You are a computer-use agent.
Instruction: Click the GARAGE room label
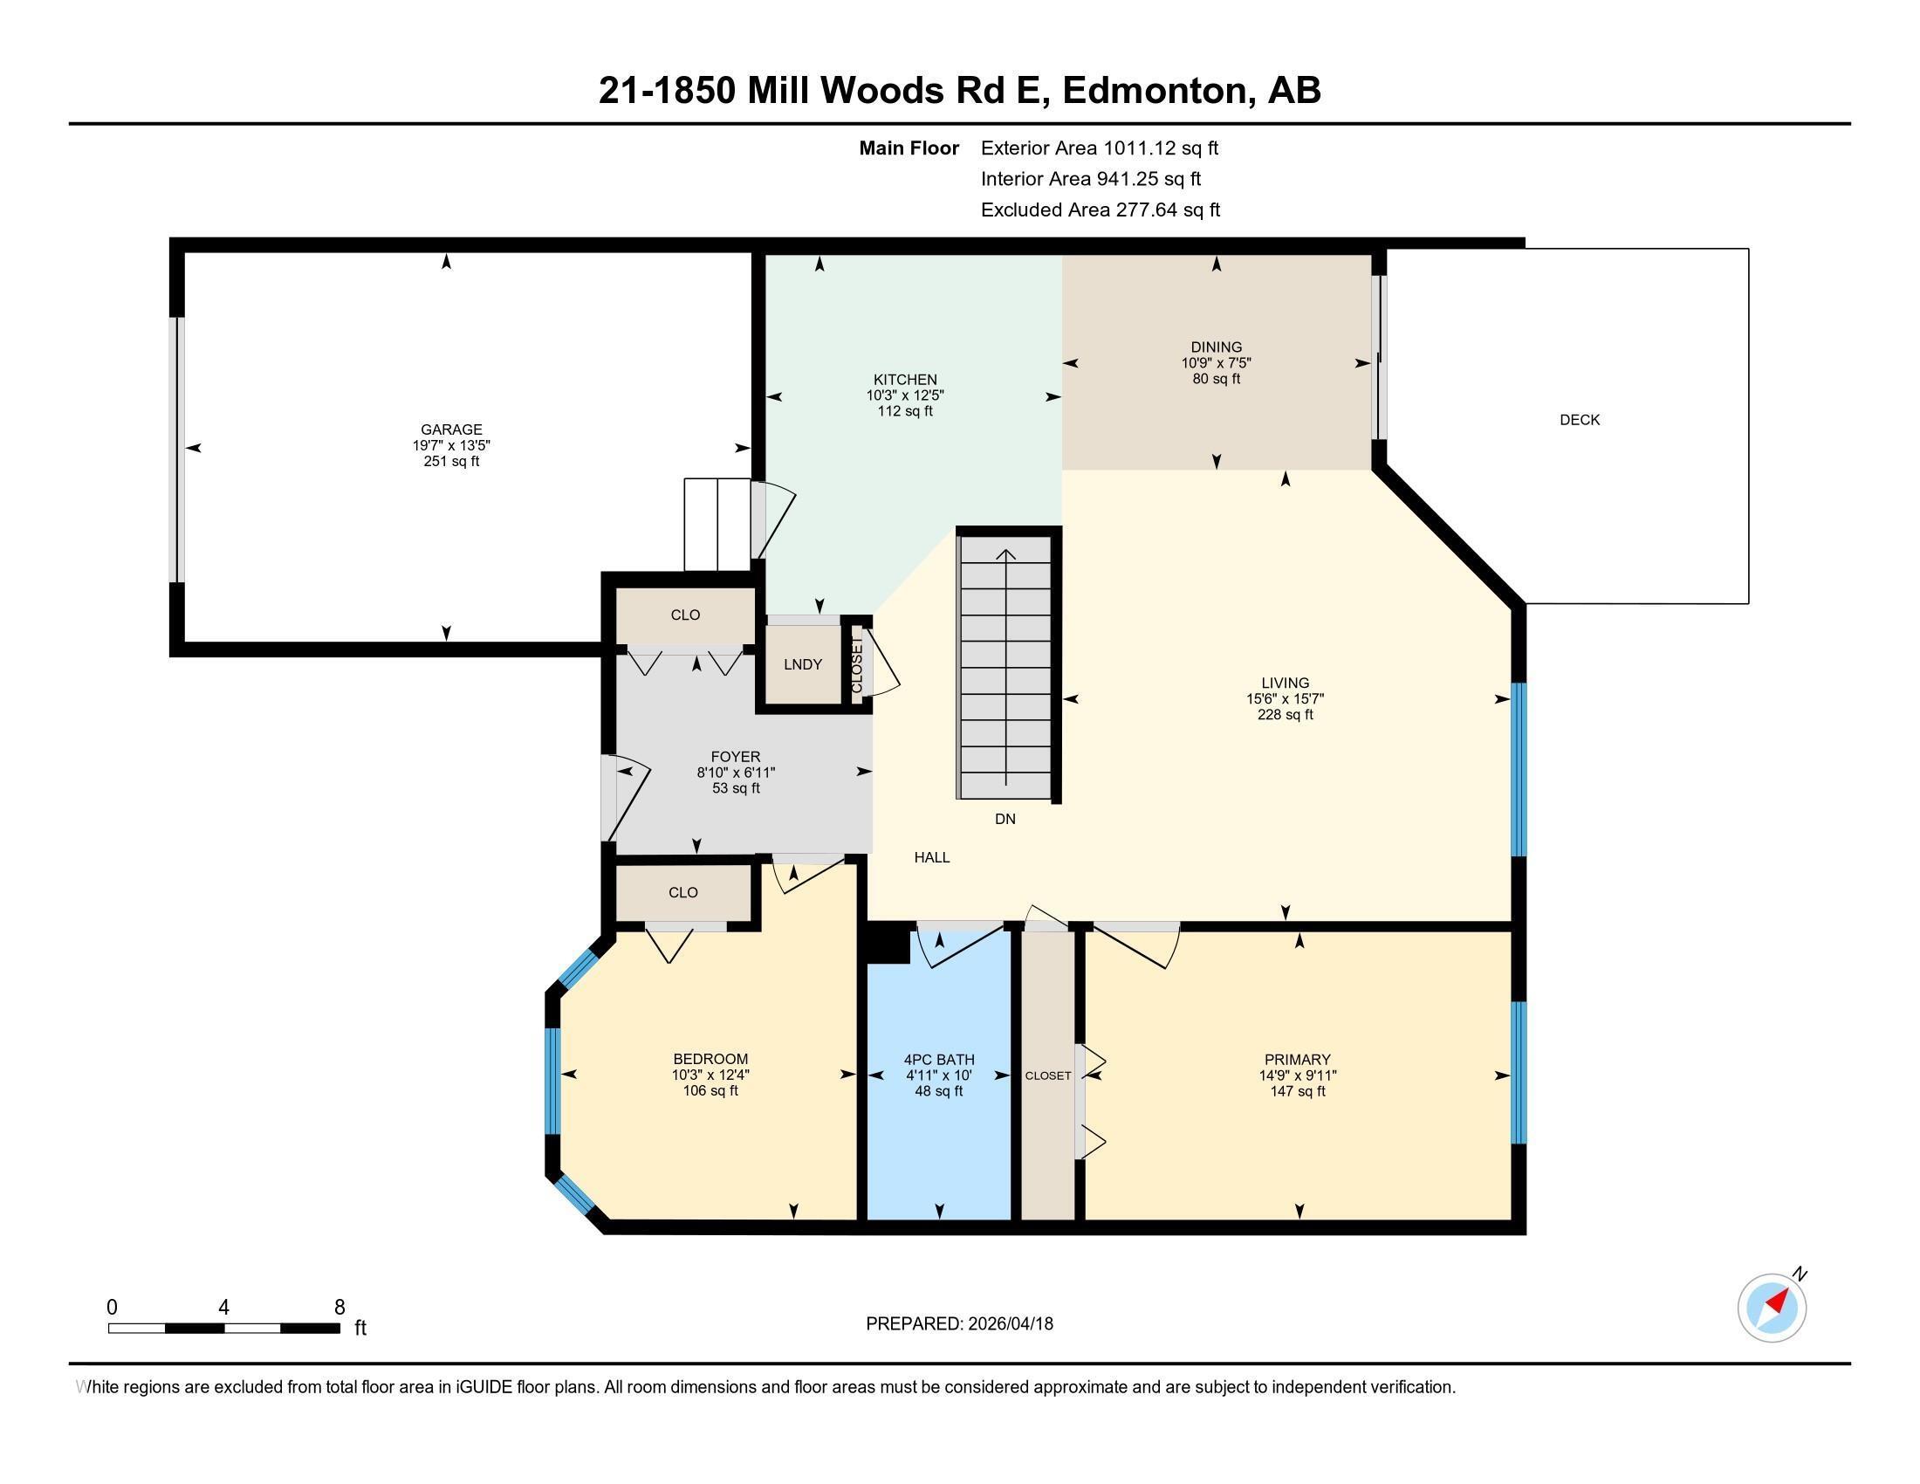451,429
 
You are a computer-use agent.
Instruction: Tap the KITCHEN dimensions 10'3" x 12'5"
905,395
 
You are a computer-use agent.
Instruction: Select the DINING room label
1216,347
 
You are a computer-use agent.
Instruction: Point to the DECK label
1579,420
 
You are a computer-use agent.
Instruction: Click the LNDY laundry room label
803,664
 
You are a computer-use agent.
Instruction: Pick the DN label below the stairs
1005,819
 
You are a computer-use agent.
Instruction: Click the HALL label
932,857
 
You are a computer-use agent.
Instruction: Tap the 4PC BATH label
939,1060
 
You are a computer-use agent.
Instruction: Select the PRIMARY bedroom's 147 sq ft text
1298,1091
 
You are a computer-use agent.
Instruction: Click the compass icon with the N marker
1773,1307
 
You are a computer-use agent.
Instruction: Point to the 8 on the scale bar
339,1308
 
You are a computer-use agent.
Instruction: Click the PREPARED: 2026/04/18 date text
959,1323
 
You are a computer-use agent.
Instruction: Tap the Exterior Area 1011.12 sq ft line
1099,148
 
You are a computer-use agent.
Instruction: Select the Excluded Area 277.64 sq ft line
1100,210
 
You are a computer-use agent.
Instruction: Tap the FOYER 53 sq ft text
736,787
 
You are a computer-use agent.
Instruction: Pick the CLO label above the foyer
685,615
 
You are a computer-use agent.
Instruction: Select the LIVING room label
1285,683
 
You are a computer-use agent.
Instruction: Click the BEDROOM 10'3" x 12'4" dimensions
710,1075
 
